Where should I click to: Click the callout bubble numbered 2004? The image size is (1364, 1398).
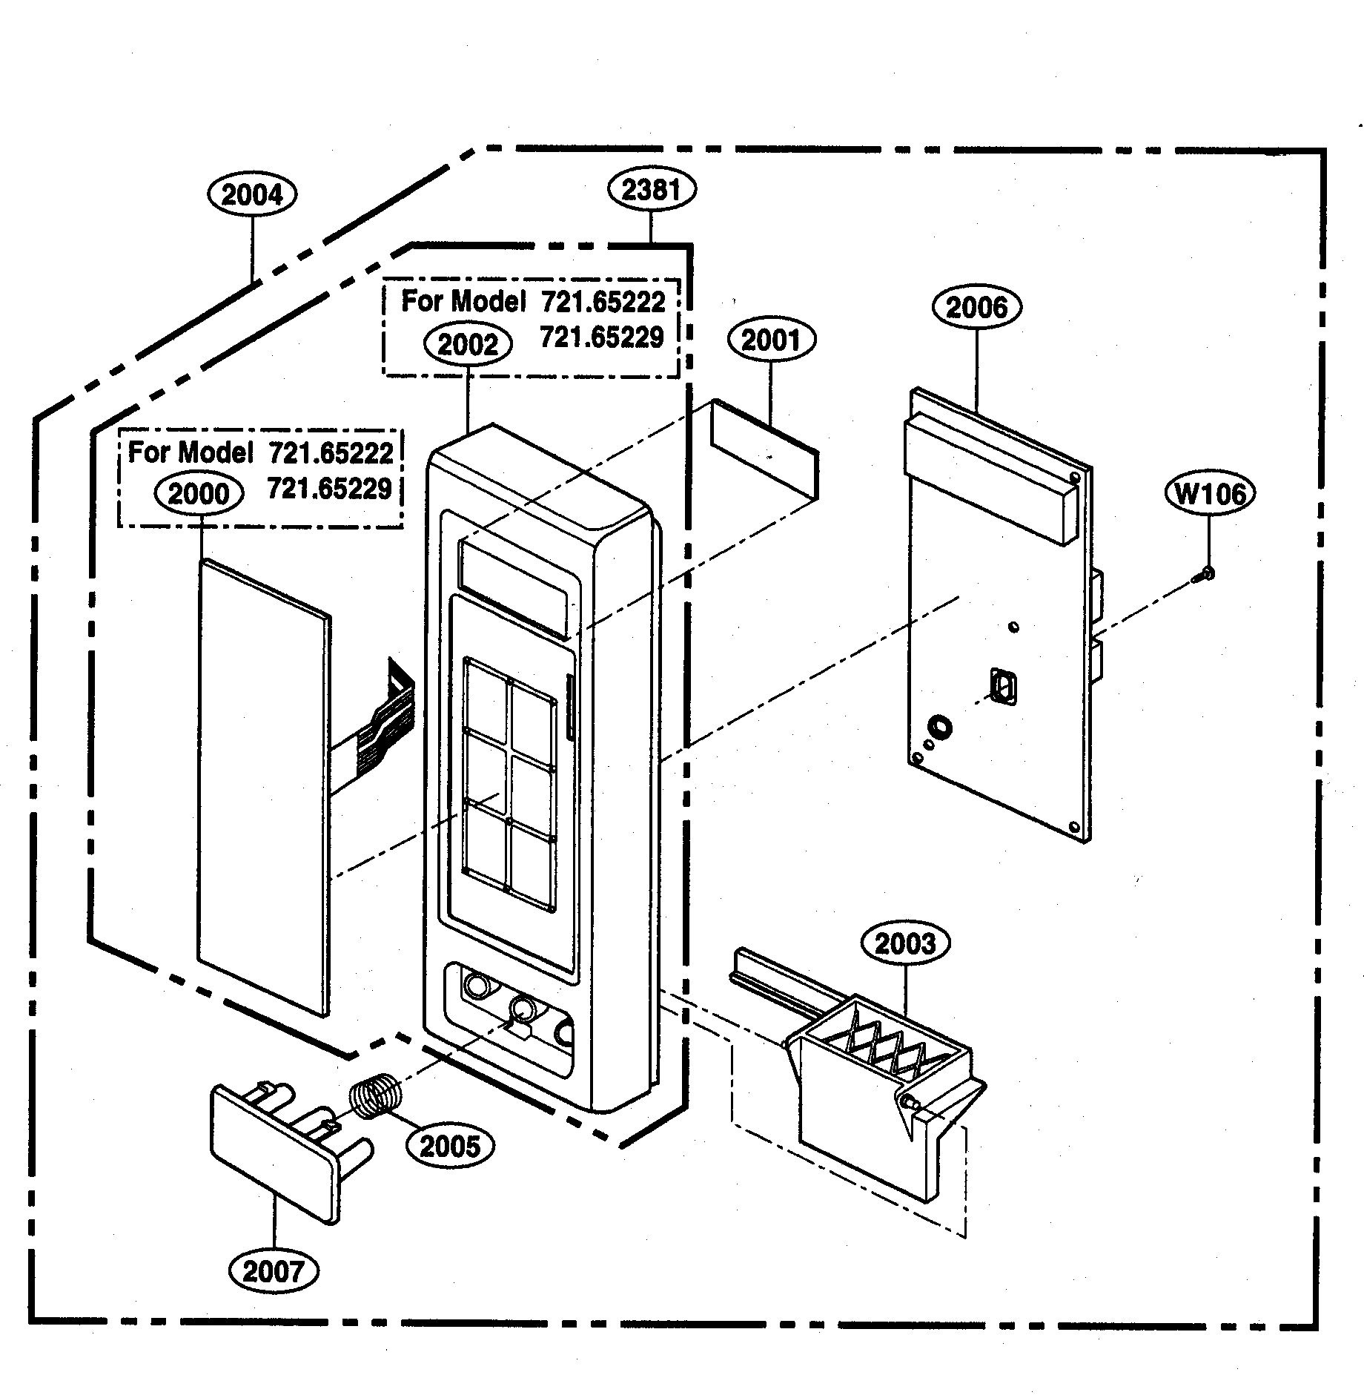[251, 195]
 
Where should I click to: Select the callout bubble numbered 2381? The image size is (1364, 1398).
[651, 190]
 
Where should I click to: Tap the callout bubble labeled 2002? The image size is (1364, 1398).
[468, 345]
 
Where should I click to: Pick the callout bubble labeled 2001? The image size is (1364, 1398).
[770, 340]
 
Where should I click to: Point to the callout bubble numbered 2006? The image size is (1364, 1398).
[977, 307]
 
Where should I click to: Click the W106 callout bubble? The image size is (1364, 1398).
[1211, 493]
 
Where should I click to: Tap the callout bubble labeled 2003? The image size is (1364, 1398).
[905, 944]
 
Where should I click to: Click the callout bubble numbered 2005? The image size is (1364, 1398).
[450, 1147]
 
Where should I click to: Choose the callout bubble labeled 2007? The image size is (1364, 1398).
[274, 1272]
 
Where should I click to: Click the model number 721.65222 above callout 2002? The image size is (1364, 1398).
[603, 302]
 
